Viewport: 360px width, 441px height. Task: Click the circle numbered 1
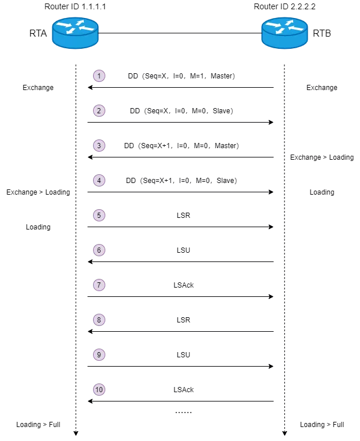click(x=99, y=76)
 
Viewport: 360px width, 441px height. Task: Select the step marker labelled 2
click(x=99, y=111)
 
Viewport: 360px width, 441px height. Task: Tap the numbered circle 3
click(x=99, y=146)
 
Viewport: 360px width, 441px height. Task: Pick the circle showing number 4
click(x=99, y=181)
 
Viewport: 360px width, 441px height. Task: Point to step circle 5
click(x=99, y=216)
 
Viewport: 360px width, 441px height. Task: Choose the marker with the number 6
click(x=99, y=250)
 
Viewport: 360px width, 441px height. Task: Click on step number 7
click(x=99, y=285)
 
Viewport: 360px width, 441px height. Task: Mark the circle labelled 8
click(x=99, y=320)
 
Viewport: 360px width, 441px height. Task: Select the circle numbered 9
click(x=99, y=355)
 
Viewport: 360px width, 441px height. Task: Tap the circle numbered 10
click(x=99, y=390)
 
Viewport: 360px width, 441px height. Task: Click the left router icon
click(x=75, y=33)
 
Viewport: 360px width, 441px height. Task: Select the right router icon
click(x=284, y=33)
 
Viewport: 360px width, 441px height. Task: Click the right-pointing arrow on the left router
click(x=63, y=25)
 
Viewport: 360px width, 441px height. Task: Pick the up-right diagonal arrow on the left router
click(x=80, y=23)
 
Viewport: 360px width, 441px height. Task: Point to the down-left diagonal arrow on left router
click(x=70, y=31)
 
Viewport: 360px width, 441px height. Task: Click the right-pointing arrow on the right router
click(x=272, y=25)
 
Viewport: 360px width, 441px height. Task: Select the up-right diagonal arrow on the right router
click(x=289, y=23)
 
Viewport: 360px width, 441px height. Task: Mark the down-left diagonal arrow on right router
click(x=280, y=31)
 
